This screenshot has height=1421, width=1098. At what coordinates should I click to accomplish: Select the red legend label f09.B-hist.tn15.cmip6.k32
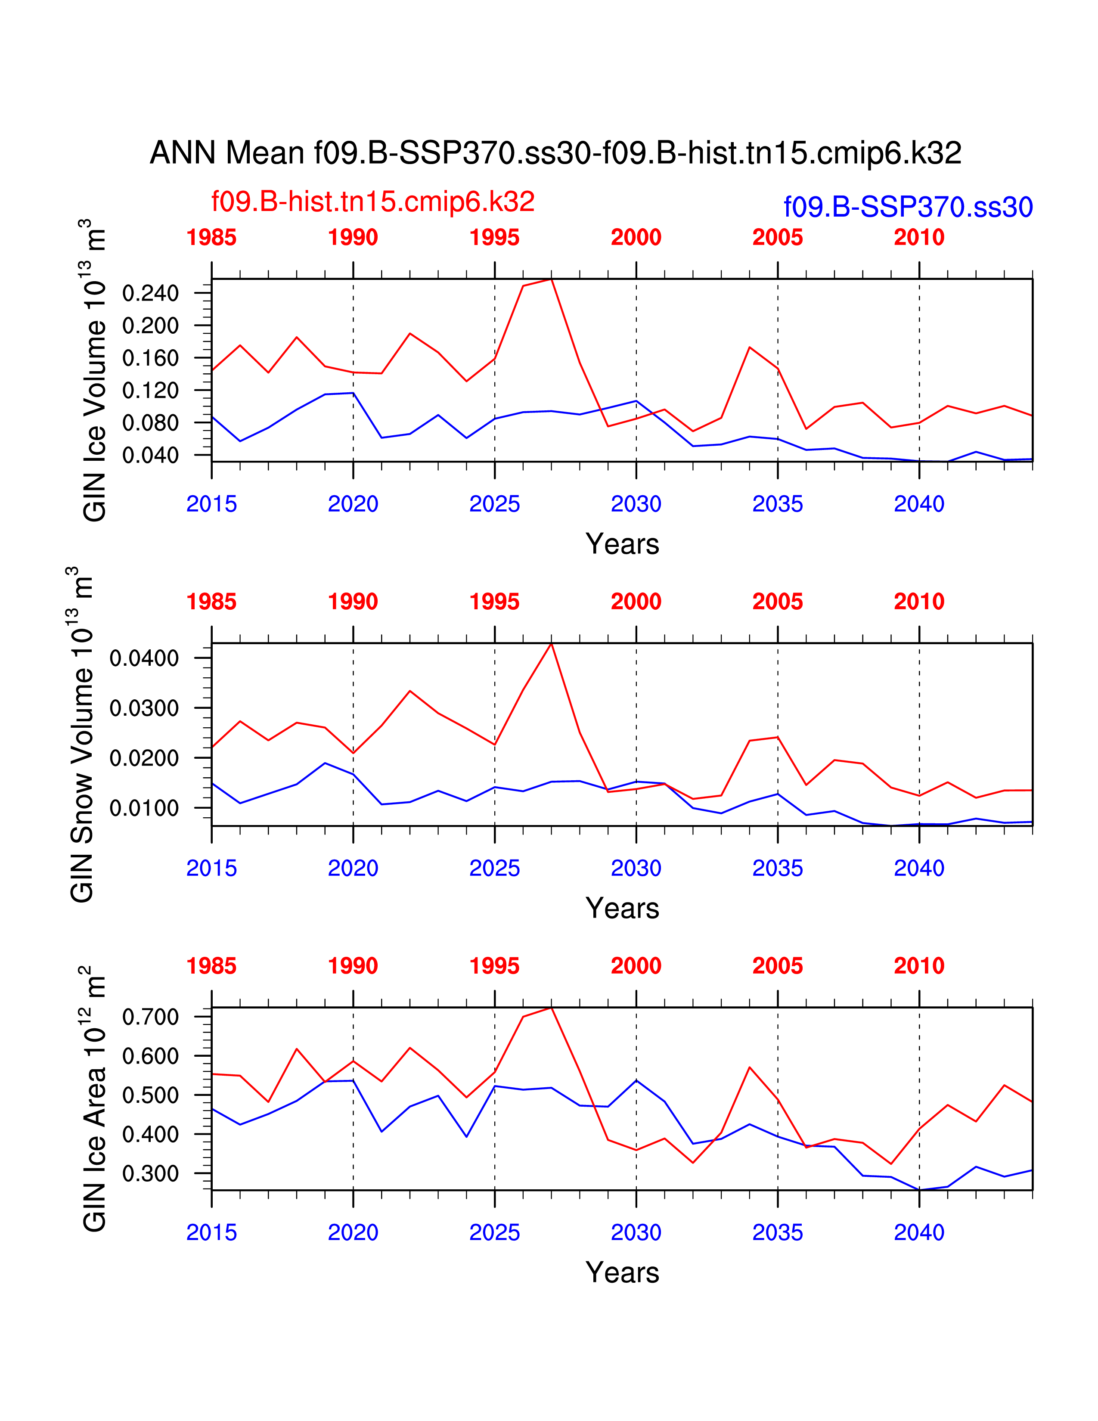(x=373, y=202)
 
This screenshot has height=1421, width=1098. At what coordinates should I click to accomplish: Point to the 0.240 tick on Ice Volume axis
(x=150, y=293)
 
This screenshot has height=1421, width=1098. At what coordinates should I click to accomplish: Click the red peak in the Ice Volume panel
(x=552, y=280)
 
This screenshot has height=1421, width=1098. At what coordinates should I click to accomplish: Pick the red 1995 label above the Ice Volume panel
(x=494, y=238)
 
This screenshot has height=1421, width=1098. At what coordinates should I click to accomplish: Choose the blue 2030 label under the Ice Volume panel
(x=636, y=504)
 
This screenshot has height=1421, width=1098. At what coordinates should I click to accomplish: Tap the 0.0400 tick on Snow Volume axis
(x=144, y=658)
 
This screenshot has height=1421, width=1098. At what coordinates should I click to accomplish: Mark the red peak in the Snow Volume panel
(x=552, y=644)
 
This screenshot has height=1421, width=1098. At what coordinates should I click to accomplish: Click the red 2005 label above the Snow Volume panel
(x=777, y=602)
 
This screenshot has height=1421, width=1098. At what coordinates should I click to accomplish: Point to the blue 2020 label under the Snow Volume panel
(x=353, y=869)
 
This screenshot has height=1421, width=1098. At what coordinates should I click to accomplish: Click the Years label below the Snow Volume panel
(x=622, y=908)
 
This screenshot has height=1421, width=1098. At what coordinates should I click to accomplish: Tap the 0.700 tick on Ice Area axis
(x=150, y=1017)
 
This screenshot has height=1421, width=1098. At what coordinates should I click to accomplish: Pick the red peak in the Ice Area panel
(x=552, y=1008)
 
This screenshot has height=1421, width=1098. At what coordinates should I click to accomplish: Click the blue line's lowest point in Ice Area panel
(x=919, y=1190)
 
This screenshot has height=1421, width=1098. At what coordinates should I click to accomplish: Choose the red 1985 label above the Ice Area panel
(x=211, y=966)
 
